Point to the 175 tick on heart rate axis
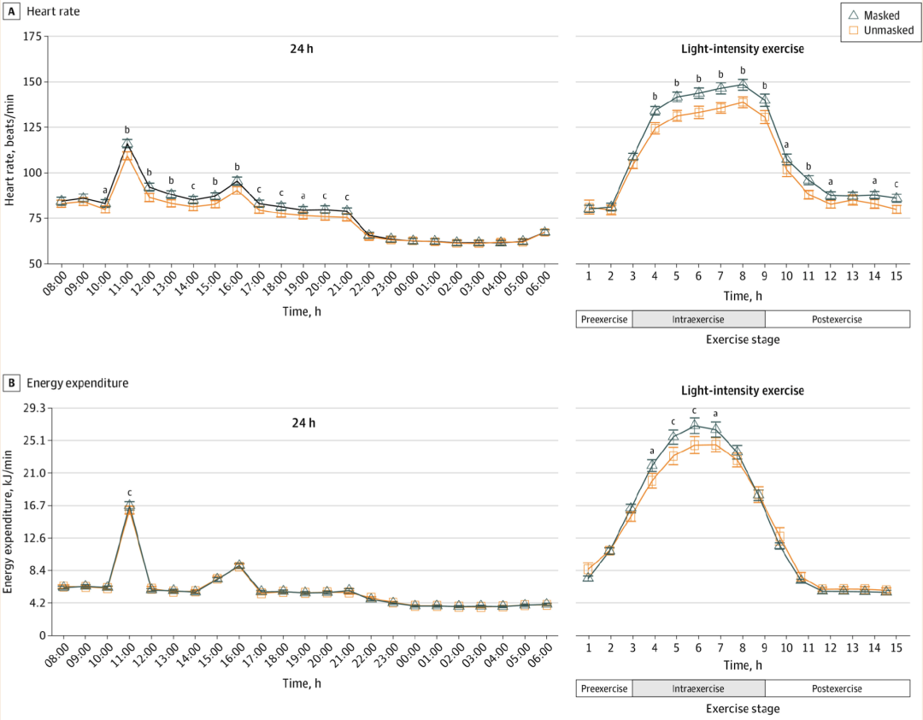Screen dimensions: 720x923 pyautogui.click(x=33, y=37)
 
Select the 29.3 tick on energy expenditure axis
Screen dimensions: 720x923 pyautogui.click(x=32, y=408)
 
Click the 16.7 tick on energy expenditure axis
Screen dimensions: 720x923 pyautogui.click(x=32, y=505)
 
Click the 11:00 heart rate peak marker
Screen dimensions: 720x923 pyautogui.click(x=127, y=145)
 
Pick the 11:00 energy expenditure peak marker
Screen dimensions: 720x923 pyautogui.click(x=129, y=507)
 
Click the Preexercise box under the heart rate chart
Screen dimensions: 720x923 pyautogui.click(x=605, y=320)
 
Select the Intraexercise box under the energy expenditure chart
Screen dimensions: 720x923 pyautogui.click(x=698, y=689)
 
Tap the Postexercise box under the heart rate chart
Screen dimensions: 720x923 pyautogui.click(x=837, y=320)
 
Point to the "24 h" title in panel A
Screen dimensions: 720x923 pyautogui.click(x=302, y=49)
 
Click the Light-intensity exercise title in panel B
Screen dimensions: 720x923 pyautogui.click(x=742, y=391)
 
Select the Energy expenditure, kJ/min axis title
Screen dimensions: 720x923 pyautogui.click(x=10, y=522)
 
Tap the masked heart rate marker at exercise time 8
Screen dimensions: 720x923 pyautogui.click(x=742, y=84)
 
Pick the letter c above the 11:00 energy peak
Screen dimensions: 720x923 pyautogui.click(x=129, y=492)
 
